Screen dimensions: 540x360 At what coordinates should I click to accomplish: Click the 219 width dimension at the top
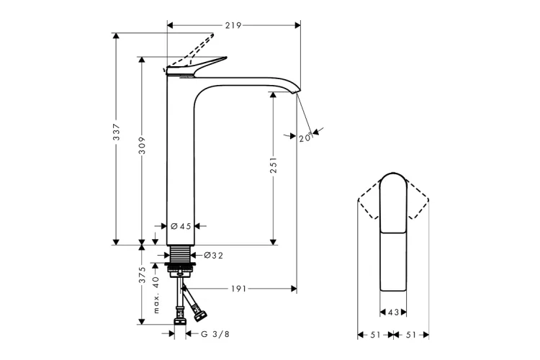pyautogui.click(x=233, y=25)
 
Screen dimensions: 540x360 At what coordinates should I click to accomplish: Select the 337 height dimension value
pyautogui.click(x=117, y=132)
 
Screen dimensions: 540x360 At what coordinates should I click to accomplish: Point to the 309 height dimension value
pyautogui.click(x=142, y=145)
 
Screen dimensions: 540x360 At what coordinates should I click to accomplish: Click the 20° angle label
pyautogui.click(x=306, y=138)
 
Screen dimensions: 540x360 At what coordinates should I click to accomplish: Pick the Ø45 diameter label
pyautogui.click(x=181, y=226)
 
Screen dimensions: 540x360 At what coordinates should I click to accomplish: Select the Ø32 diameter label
pyautogui.click(x=214, y=256)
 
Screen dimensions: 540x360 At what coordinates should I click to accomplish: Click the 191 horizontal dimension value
pyautogui.click(x=238, y=288)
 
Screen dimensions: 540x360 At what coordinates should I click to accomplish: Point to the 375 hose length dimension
pyautogui.click(x=142, y=275)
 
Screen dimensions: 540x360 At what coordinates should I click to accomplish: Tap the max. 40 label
pyautogui.click(x=156, y=294)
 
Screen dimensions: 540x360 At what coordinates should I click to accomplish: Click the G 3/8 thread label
pyautogui.click(x=215, y=334)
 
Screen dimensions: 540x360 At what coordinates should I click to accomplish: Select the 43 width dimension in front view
pyautogui.click(x=393, y=312)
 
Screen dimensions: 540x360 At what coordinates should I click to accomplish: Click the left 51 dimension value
pyautogui.click(x=375, y=335)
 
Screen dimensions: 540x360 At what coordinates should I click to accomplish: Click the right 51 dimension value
pyautogui.click(x=411, y=335)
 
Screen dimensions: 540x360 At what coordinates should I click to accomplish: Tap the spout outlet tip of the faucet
pyautogui.click(x=297, y=91)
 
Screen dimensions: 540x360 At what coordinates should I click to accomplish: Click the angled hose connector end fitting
pyautogui.click(x=200, y=315)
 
